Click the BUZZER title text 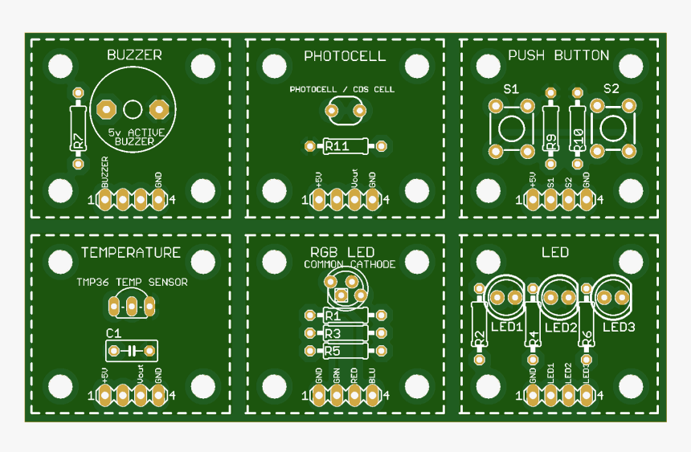tap(134, 55)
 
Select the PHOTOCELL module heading tap(345, 56)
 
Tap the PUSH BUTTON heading tap(558, 55)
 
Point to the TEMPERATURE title tap(130, 253)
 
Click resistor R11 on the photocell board tap(345, 146)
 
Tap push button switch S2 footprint tap(613, 128)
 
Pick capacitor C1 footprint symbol tap(132, 350)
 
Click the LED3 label tap(619, 328)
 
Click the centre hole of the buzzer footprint tap(133, 108)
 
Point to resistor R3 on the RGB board tap(345, 333)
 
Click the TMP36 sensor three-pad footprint tap(132, 305)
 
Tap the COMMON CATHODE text tap(350, 264)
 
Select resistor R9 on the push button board tap(550, 128)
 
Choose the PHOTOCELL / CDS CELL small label tap(341, 90)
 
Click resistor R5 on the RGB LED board tap(345, 351)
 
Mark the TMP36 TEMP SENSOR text tap(132, 283)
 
